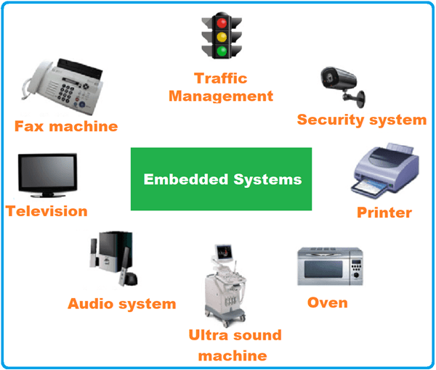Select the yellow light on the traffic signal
[221, 35]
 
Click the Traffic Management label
[221, 86]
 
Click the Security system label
[361, 120]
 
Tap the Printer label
[384, 213]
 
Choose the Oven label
[327, 302]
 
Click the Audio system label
[121, 303]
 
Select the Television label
[47, 211]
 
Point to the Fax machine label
[66, 126]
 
